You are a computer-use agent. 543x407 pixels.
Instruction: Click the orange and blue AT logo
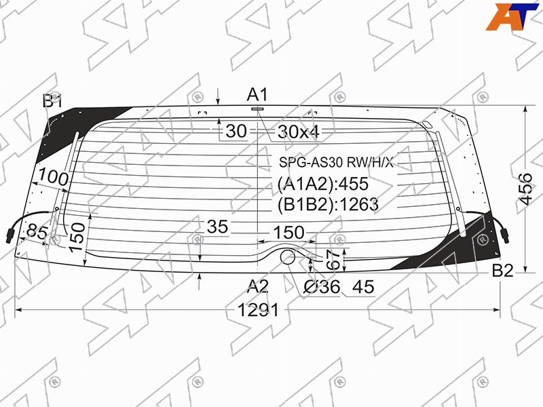click(x=512, y=16)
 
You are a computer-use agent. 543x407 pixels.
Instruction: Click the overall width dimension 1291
click(x=259, y=310)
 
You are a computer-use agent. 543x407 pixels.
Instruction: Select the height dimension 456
click(x=525, y=189)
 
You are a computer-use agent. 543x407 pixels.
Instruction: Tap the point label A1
click(x=258, y=94)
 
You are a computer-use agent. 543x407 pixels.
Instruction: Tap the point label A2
click(x=258, y=286)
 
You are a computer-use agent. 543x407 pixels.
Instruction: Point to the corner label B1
click(x=53, y=101)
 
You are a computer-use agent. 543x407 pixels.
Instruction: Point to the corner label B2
click(x=503, y=270)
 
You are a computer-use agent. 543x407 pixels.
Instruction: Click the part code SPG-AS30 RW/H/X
click(x=337, y=162)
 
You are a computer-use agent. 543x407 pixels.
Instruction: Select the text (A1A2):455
click(x=323, y=184)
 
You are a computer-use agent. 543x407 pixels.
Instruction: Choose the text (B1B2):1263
click(x=328, y=205)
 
